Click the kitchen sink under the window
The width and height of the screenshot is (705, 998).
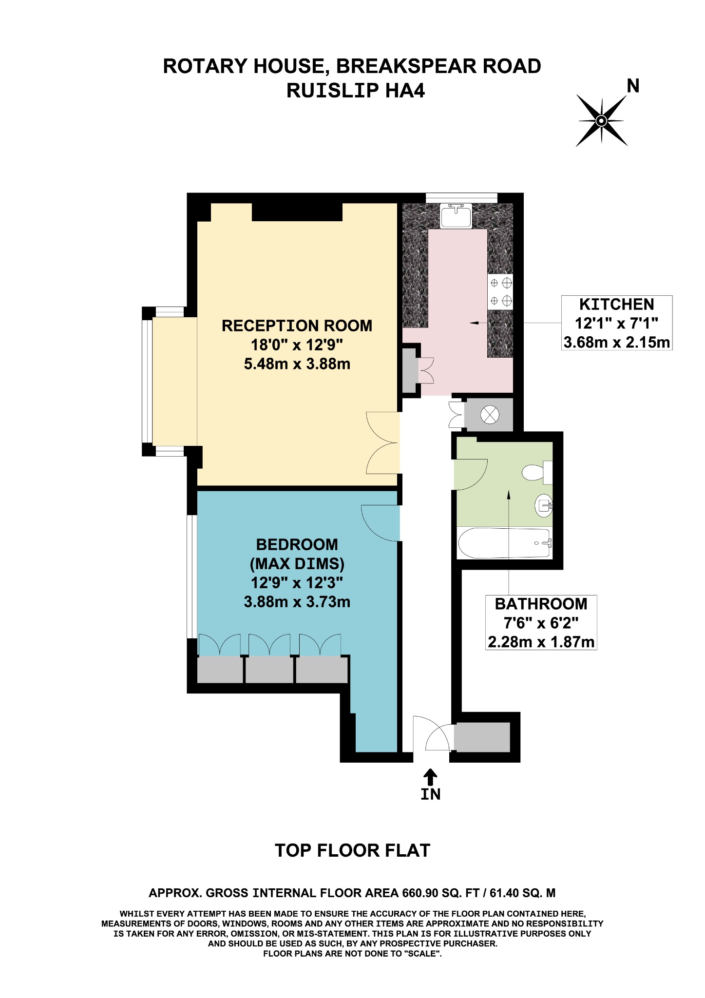pyautogui.click(x=456, y=216)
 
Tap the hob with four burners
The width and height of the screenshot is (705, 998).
pyautogui.click(x=500, y=292)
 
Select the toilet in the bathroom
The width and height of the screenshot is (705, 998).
pyautogui.click(x=536, y=472)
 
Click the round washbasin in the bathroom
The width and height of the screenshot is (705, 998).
pyautogui.click(x=543, y=505)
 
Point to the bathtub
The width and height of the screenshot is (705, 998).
pyautogui.click(x=504, y=543)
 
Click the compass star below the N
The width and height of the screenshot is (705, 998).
pyautogui.click(x=601, y=120)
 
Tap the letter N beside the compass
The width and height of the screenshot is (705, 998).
pyautogui.click(x=633, y=86)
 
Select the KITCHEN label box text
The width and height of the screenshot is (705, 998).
pyautogui.click(x=616, y=305)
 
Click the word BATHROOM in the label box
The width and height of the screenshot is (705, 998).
pyautogui.click(x=541, y=604)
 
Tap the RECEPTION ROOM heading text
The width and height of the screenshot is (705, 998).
pyautogui.click(x=297, y=326)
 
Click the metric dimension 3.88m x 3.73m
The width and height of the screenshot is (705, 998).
pyautogui.click(x=297, y=602)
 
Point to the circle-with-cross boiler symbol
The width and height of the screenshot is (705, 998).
pyautogui.click(x=490, y=415)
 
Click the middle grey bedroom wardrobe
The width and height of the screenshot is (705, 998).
pyautogui.click(x=269, y=670)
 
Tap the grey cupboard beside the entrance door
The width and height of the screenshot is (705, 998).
pyautogui.click(x=482, y=737)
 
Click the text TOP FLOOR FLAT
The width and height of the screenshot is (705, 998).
pyautogui.click(x=352, y=850)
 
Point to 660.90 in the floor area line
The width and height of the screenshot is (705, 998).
pyautogui.click(x=419, y=893)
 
